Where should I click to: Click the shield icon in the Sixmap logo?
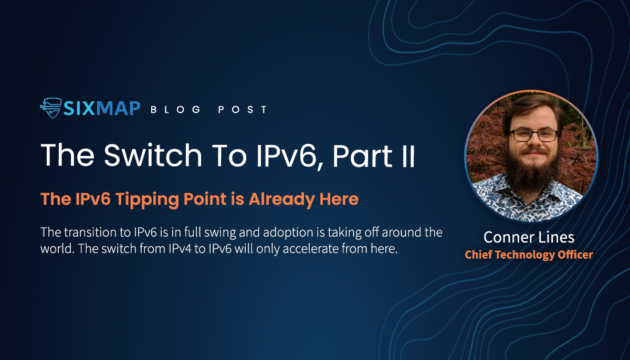click(x=51, y=108)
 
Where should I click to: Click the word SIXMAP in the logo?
click(x=102, y=109)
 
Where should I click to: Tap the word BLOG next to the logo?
click(x=176, y=110)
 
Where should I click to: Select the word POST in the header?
click(x=243, y=110)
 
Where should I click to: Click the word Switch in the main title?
click(x=153, y=155)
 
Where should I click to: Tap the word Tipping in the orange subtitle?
click(x=147, y=199)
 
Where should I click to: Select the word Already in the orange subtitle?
click(x=281, y=199)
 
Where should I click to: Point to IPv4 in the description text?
click(x=180, y=249)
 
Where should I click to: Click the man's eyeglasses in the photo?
click(x=533, y=135)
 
